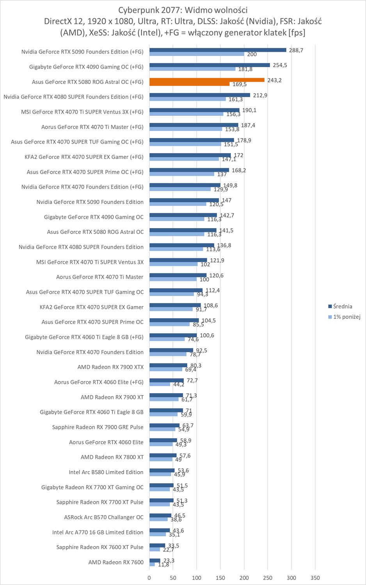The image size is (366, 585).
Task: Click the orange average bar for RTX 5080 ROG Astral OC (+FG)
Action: (207, 80)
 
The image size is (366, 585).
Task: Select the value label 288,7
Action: (295, 50)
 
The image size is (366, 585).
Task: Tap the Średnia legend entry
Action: (343, 307)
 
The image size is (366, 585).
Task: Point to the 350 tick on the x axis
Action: (315, 578)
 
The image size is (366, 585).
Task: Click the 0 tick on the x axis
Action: (149, 578)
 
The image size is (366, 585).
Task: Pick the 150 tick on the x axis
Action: (220, 578)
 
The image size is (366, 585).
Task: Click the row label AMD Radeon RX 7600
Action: (116, 562)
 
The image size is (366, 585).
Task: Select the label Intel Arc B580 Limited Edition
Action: (106, 472)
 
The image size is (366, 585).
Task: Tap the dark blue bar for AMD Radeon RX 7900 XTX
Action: (168, 365)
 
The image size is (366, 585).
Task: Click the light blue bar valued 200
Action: (197, 54)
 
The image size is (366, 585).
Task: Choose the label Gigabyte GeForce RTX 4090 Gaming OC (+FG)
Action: (86, 67)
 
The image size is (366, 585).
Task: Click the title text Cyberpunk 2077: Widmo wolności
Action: (183, 10)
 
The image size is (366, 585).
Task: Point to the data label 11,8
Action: (163, 565)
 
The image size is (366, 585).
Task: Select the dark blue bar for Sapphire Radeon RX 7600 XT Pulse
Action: (157, 545)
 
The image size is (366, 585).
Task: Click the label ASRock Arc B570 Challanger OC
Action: (104, 517)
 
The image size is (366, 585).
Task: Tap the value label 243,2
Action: (273, 80)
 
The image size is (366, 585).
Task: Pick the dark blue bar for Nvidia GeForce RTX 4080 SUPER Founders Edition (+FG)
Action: (199, 95)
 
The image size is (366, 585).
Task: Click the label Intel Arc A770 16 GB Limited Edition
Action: (98, 532)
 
